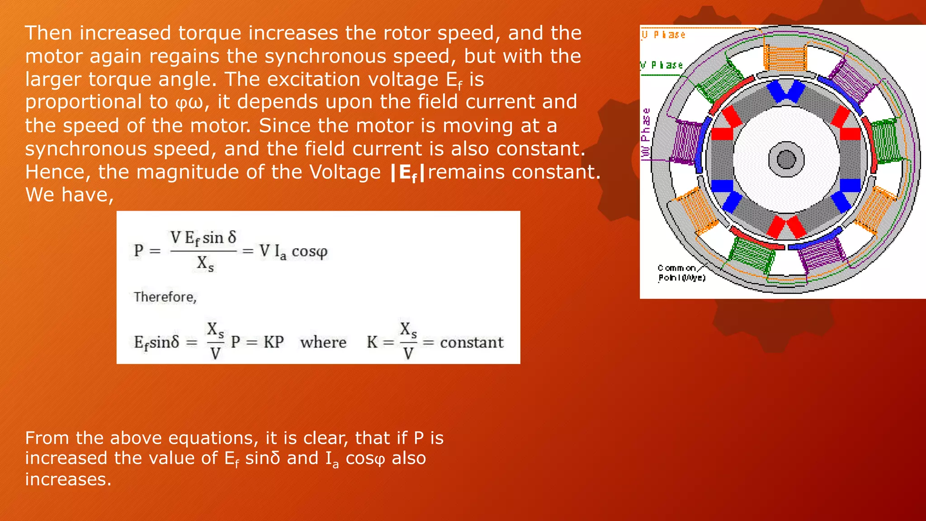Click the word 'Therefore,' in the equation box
click(165, 297)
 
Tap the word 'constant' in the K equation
click(472, 342)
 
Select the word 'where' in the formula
click(323, 342)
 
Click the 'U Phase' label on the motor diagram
click(664, 35)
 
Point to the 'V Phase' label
click(661, 65)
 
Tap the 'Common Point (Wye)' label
click(681, 273)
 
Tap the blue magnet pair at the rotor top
click(786, 90)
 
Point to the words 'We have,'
click(69, 195)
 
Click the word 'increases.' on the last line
click(68, 479)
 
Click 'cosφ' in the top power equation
click(309, 251)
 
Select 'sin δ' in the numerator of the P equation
click(219, 237)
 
